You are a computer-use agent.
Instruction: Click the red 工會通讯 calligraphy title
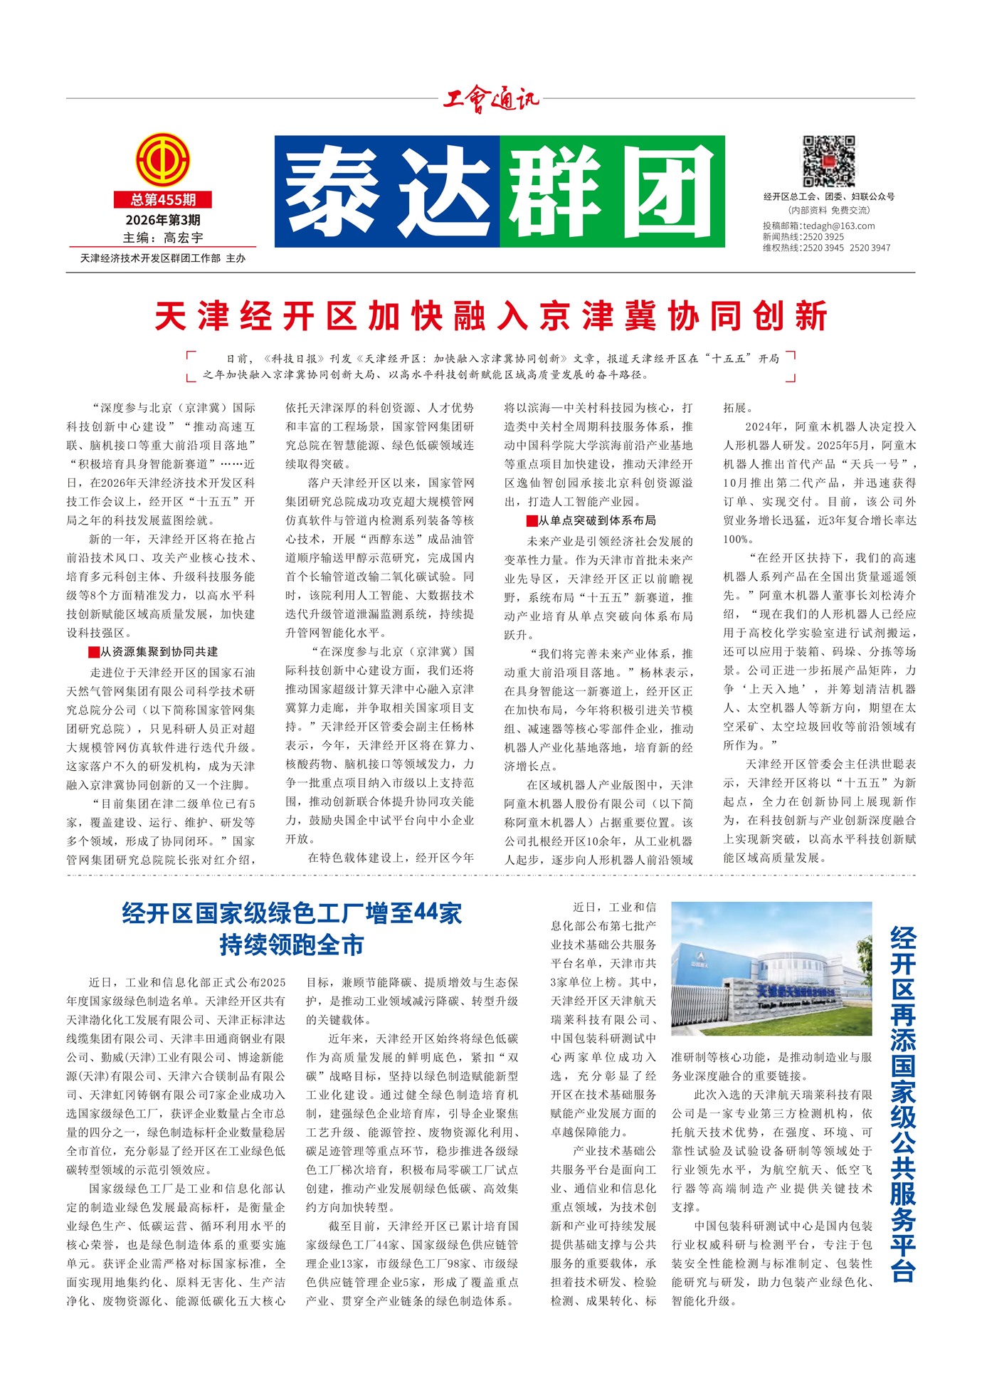click(491, 100)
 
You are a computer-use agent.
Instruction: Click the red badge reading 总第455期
click(163, 200)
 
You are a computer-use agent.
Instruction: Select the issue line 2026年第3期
click(163, 220)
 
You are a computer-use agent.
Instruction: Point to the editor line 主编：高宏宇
click(163, 238)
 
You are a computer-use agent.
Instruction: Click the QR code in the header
click(829, 162)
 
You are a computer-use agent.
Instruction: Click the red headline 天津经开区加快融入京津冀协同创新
click(491, 316)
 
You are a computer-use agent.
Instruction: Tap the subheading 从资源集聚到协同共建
click(159, 652)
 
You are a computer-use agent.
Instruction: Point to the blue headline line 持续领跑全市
click(292, 945)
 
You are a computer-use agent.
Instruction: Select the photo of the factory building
click(771, 968)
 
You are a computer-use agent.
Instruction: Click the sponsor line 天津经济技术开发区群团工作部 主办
click(163, 258)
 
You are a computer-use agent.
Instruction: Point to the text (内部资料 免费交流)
click(829, 211)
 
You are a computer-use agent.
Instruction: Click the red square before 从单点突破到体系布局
click(532, 521)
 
